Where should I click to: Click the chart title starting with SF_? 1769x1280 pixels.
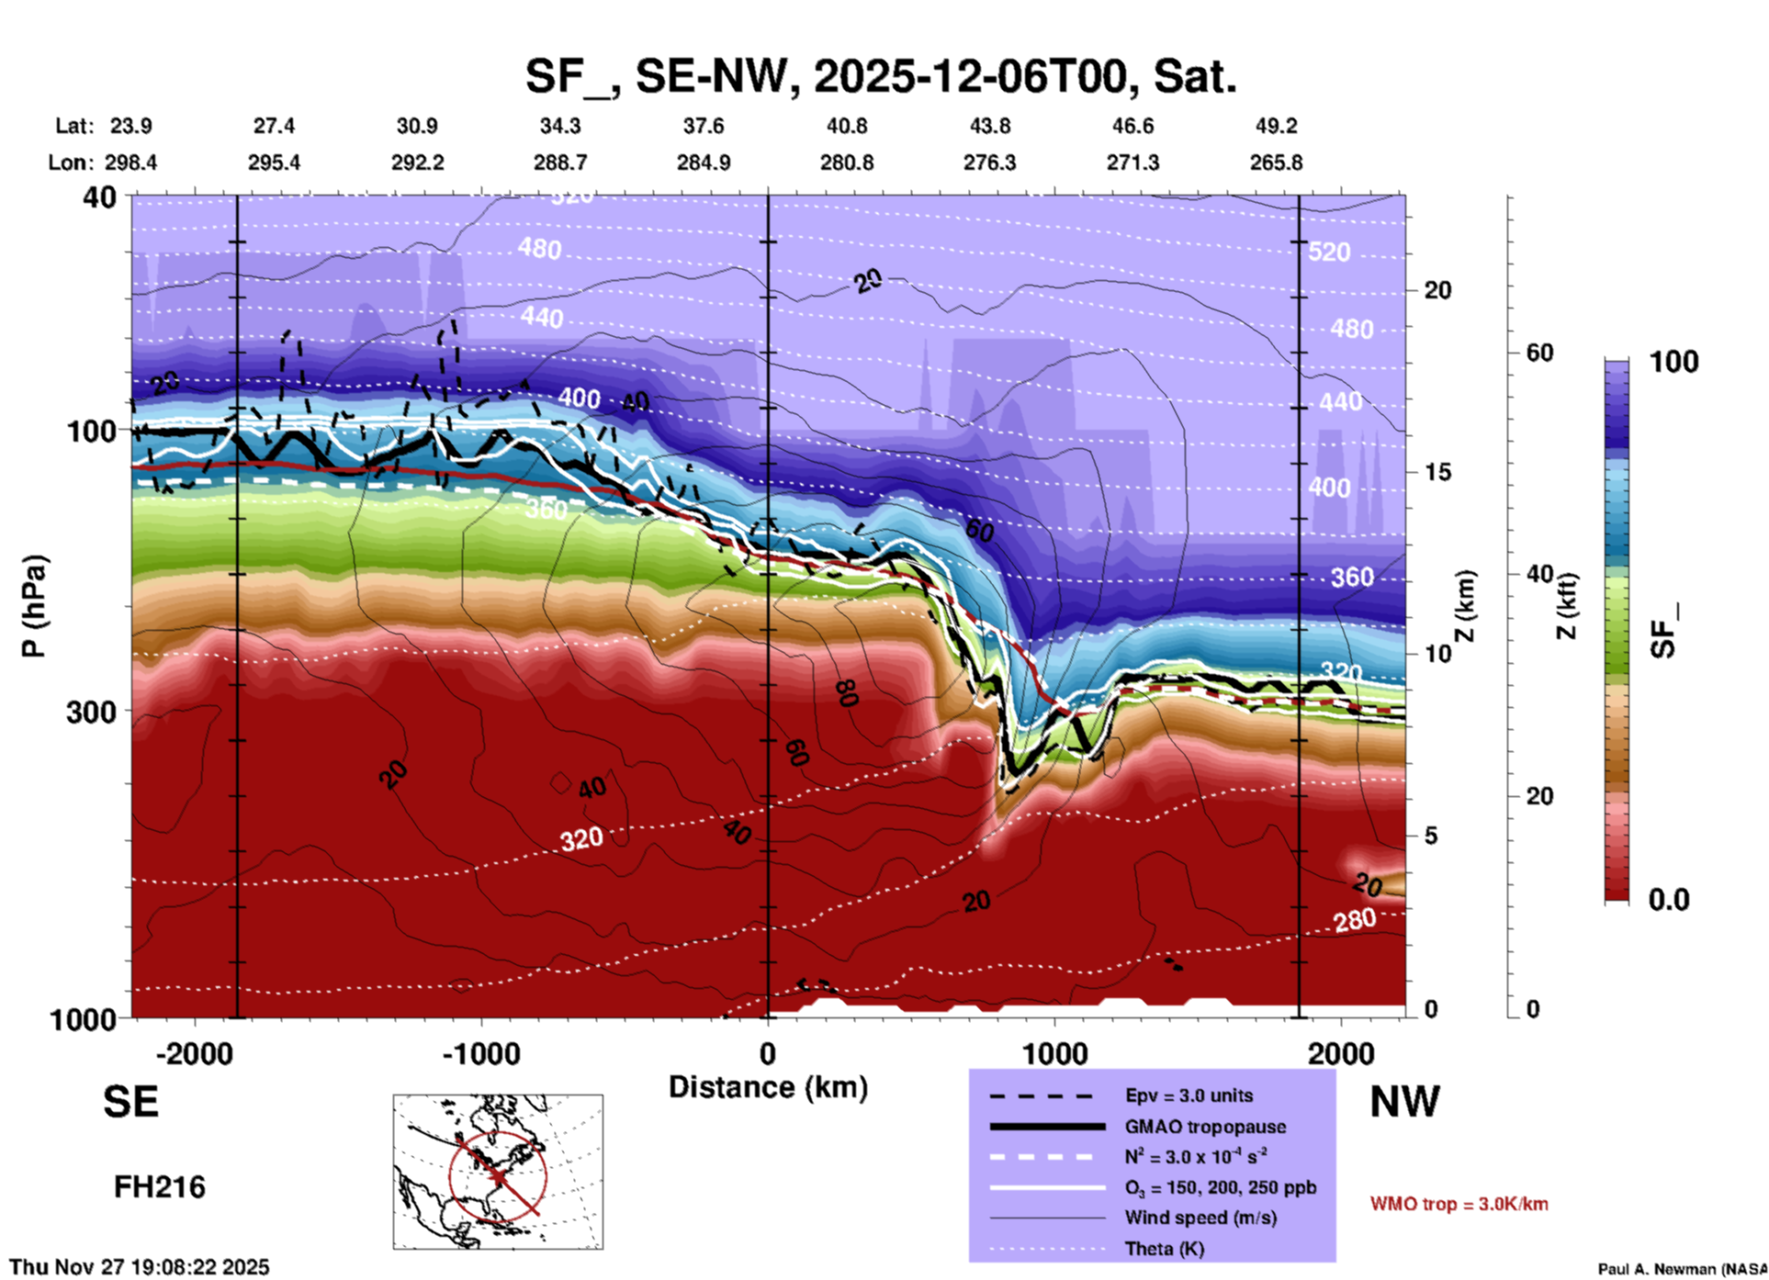pos(881,76)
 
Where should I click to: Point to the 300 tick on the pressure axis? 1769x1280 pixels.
pos(91,712)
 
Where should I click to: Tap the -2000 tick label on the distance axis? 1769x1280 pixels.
pos(194,1054)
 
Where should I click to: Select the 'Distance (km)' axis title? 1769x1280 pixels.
pos(768,1087)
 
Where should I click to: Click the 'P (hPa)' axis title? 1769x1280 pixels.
pos(34,606)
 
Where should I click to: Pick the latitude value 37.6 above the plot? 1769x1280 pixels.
pos(704,126)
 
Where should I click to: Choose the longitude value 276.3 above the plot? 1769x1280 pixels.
pos(989,163)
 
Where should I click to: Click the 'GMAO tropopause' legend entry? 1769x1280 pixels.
pos(1205,1127)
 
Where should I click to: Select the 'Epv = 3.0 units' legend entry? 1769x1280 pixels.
pos(1189,1095)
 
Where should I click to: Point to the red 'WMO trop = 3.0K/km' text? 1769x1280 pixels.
pos(1459,1204)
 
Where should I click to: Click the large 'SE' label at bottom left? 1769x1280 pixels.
pos(130,1102)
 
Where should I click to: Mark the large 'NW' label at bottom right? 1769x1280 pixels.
pos(1404,1102)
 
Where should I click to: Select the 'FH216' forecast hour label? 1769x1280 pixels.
pos(160,1187)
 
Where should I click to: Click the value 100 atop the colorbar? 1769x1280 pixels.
pos(1673,362)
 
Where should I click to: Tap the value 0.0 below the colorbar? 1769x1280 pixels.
pos(1669,900)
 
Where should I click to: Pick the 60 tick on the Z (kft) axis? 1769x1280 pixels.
pos(1539,353)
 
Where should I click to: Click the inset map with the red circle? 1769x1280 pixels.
pos(498,1171)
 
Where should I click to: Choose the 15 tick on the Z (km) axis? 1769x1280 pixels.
pos(1437,472)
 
